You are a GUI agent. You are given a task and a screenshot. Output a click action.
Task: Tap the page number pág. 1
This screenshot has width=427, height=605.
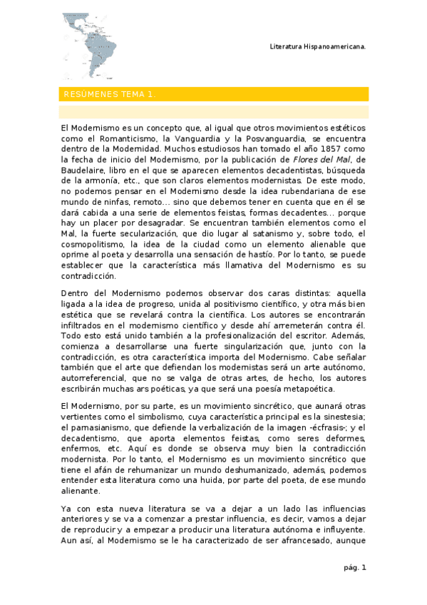[354, 568]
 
